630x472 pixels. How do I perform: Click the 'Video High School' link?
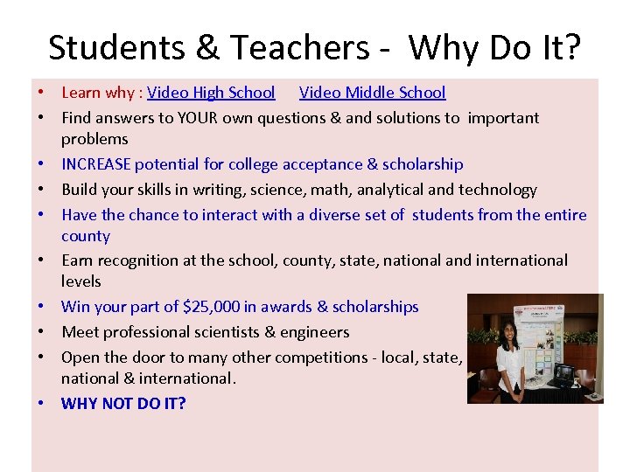tap(211, 93)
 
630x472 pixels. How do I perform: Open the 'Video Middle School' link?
tap(372, 93)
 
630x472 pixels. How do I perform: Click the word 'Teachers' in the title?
tap(297, 47)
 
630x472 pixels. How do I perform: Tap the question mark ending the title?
tap(571, 47)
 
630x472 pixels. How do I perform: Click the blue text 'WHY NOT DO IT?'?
tap(123, 404)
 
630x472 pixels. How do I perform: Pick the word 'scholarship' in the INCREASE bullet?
tap(421, 164)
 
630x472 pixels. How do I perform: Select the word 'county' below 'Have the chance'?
tap(86, 236)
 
